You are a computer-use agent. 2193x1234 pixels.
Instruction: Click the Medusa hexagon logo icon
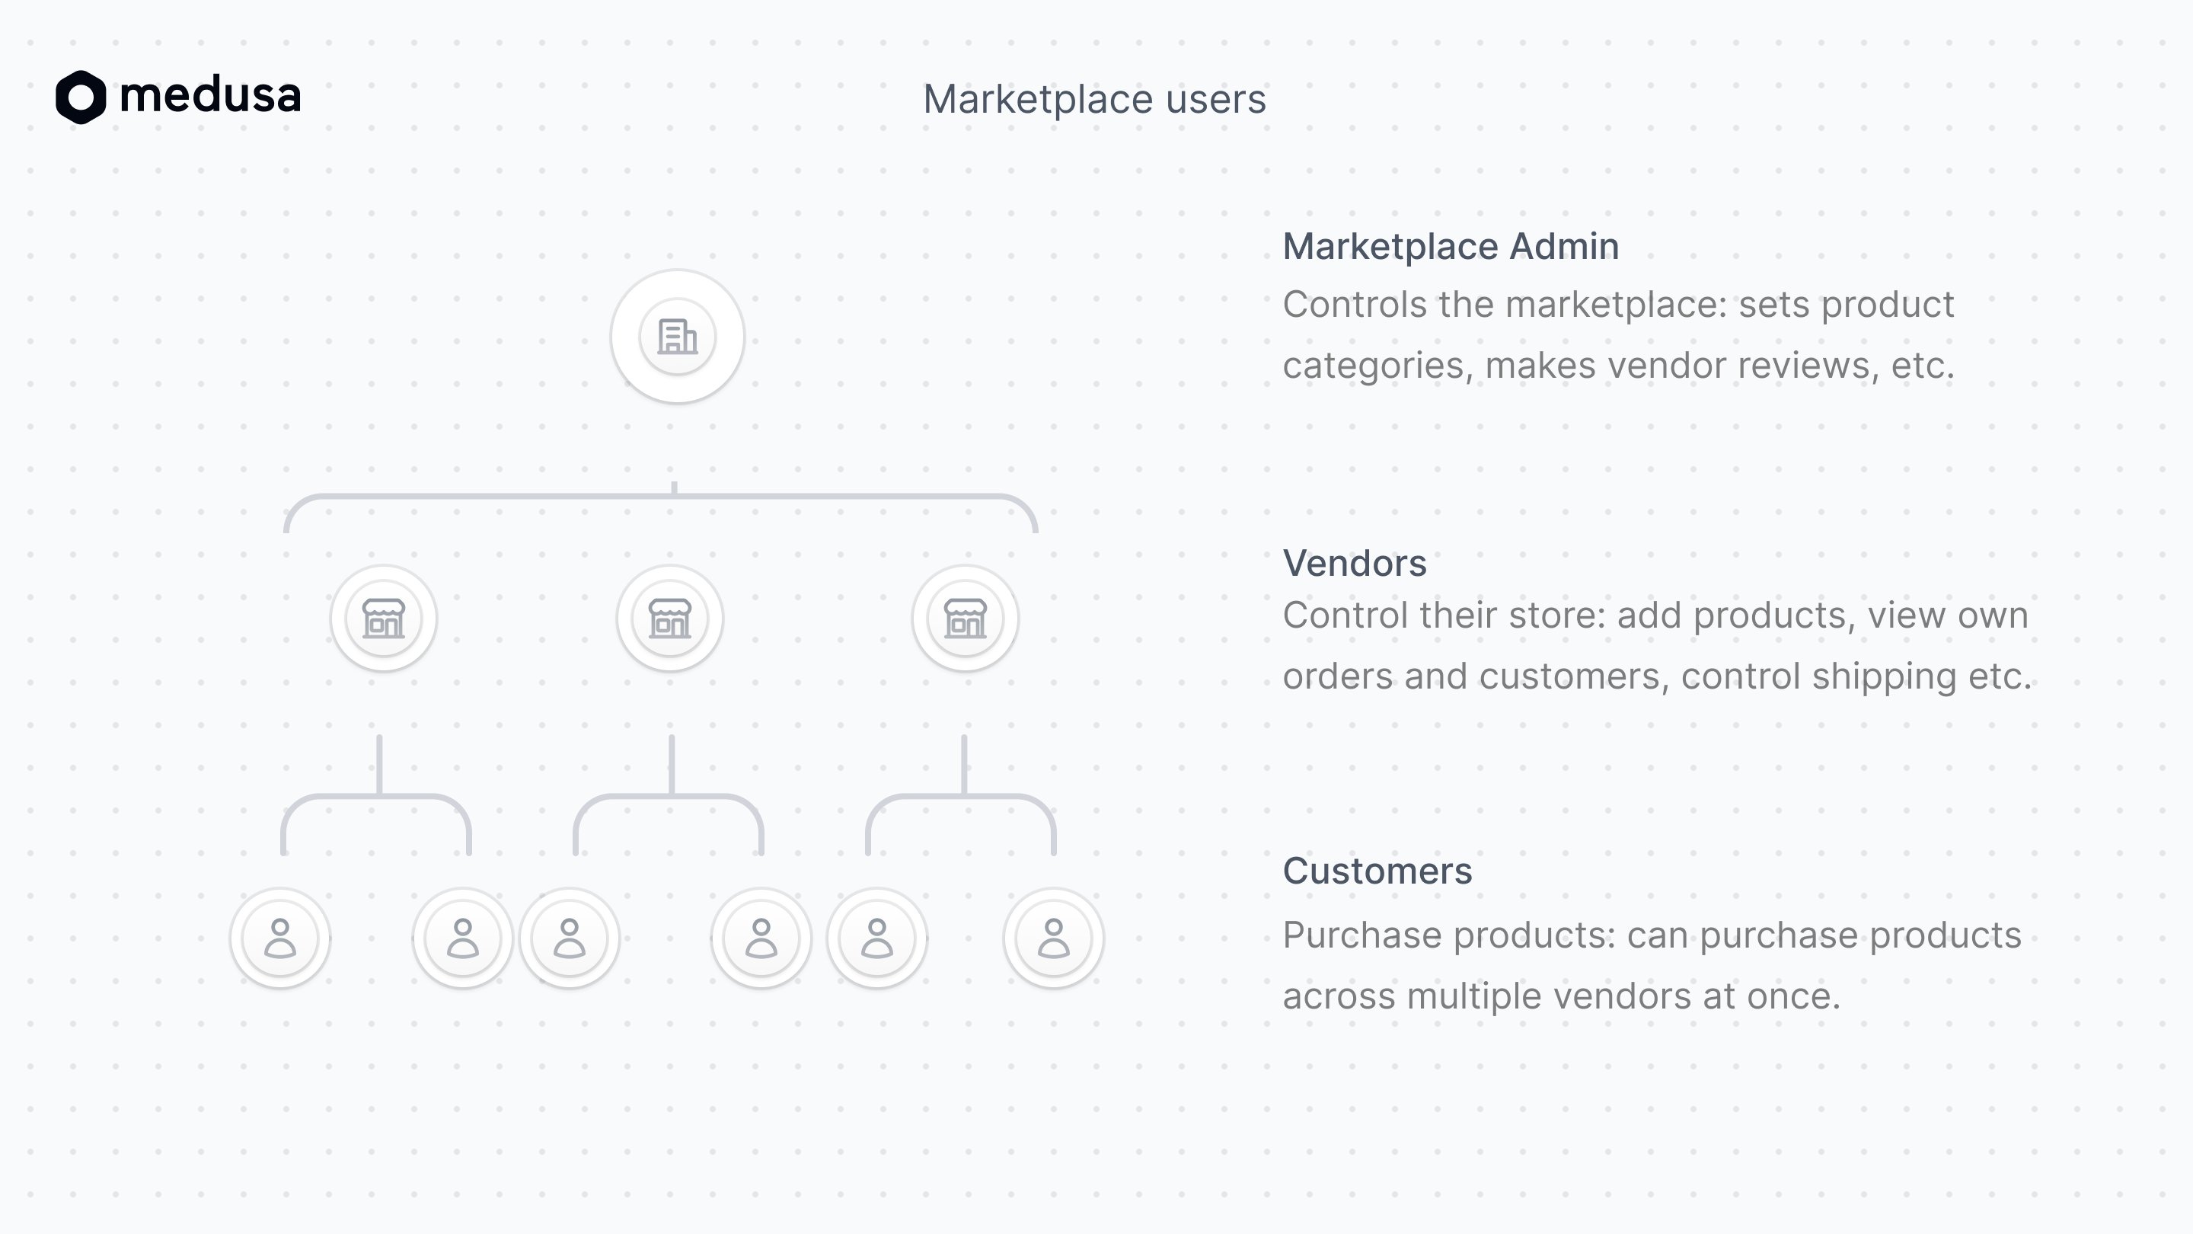[x=81, y=96]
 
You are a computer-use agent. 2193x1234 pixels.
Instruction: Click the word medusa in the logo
[x=210, y=94]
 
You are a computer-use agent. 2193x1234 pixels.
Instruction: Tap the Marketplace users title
[x=1095, y=100]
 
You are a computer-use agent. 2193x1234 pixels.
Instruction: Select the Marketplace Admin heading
[x=1451, y=246]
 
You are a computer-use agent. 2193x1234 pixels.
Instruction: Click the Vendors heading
[x=1355, y=563]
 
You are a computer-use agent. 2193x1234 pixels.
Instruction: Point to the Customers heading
[x=1377, y=871]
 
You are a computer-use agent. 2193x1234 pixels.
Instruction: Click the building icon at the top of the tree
[x=678, y=337]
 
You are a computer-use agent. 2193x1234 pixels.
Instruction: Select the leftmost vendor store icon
[x=384, y=619]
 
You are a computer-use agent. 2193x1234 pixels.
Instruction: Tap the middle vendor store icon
[x=670, y=619]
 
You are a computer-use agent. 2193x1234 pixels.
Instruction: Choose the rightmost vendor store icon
[x=966, y=619]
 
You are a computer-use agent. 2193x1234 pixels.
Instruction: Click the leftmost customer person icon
[x=280, y=938]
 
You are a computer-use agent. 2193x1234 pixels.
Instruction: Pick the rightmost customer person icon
[x=1054, y=938]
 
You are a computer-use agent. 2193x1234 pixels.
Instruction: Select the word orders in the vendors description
[x=1339, y=676]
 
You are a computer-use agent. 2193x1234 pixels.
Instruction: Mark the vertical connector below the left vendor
[x=380, y=765]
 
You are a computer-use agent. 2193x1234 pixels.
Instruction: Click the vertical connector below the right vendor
[x=965, y=765]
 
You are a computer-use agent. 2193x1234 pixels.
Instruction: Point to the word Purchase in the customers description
[x=1362, y=935]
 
